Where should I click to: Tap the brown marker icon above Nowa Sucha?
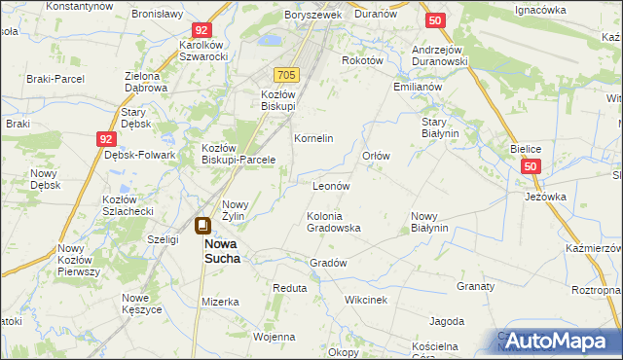203,227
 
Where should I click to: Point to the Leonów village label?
330,185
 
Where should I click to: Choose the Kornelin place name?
313,139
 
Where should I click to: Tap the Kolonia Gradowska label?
334,222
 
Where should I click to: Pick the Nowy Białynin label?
428,223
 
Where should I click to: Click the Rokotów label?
361,59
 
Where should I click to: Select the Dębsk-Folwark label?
139,155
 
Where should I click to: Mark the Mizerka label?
220,302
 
